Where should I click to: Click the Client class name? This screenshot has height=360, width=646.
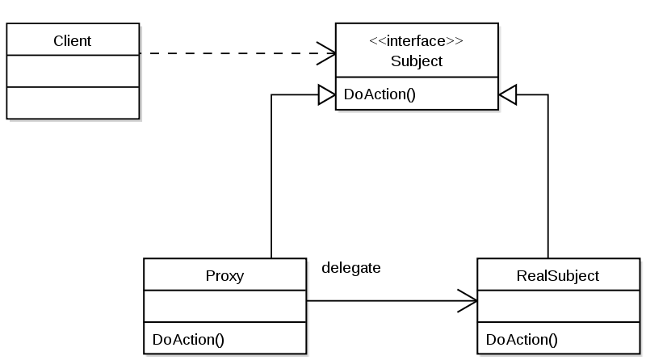tap(72, 40)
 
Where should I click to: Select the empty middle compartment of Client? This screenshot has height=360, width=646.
tap(73, 71)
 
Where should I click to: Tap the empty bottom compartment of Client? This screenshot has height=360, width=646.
tap(73, 103)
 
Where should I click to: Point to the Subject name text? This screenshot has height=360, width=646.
tap(417, 61)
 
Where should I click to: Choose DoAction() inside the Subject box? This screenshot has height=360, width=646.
tap(380, 94)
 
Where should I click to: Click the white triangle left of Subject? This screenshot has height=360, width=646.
tap(326, 95)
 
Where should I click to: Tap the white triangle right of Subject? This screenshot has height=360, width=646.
tap(508, 95)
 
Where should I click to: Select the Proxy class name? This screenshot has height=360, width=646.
tap(224, 276)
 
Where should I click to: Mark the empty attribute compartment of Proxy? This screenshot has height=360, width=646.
tap(224, 307)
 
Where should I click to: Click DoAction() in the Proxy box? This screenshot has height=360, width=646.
tap(187, 338)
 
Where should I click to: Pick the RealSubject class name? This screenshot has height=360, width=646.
tap(557, 276)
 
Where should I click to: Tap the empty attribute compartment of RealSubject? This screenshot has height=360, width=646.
tap(558, 307)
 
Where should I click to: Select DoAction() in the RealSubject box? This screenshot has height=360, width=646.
tap(522, 338)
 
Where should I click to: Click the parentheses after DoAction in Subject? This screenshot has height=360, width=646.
tap(409, 94)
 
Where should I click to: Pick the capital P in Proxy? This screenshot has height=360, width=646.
tap(210, 276)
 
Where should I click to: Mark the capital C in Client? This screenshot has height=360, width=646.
tap(58, 40)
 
